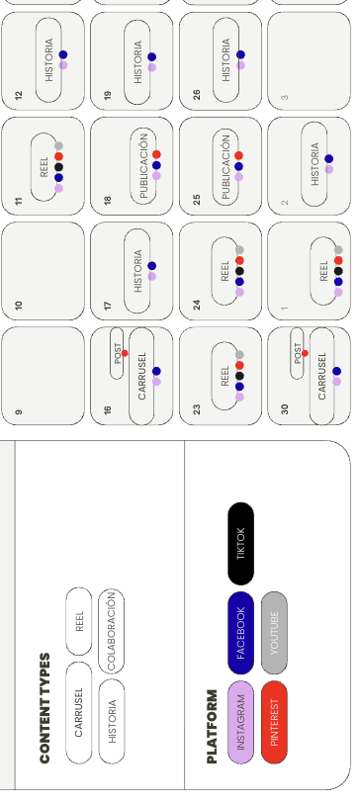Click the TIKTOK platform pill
tap(240, 544)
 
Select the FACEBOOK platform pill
tap(240, 633)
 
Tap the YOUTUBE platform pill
tap(274, 633)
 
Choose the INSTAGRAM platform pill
tap(240, 722)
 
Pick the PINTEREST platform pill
tap(274, 722)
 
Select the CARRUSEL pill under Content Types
tap(79, 711)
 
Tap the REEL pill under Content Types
tap(79, 622)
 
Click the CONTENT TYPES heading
tap(45, 693)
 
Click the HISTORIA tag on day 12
tap(49, 59)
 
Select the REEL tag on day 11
tap(45, 167)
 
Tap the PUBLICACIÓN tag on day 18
tap(143, 166)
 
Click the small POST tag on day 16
tap(118, 354)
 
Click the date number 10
tap(19, 306)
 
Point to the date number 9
tap(19, 410)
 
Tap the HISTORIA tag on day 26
tap(226, 59)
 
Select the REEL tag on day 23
tap(225, 376)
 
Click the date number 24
tap(196, 306)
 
